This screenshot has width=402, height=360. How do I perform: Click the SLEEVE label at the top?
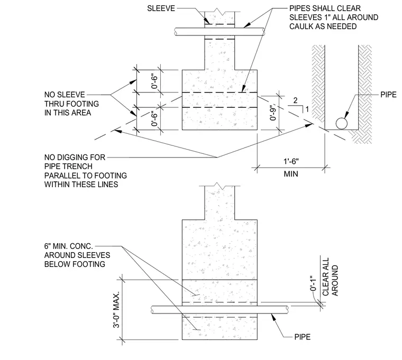(161, 8)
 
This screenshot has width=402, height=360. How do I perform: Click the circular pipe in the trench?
(342, 124)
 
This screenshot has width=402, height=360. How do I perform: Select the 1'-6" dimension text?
(291, 161)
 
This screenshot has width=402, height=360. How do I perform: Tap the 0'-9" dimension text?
(273, 112)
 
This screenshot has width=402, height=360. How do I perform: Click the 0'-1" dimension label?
(313, 283)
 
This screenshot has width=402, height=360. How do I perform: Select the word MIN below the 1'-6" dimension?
(291, 174)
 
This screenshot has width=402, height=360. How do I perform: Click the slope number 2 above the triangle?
(295, 100)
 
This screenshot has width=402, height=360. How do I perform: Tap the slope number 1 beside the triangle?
(307, 109)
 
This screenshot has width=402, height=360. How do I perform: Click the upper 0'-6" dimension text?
(154, 81)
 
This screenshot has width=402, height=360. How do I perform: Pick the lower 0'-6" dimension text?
(154, 118)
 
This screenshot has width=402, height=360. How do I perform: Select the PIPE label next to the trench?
(388, 95)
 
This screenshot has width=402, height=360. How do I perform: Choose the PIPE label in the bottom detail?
(302, 337)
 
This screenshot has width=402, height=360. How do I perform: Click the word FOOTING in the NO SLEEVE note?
(83, 104)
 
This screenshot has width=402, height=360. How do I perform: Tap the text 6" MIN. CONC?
(68, 246)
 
